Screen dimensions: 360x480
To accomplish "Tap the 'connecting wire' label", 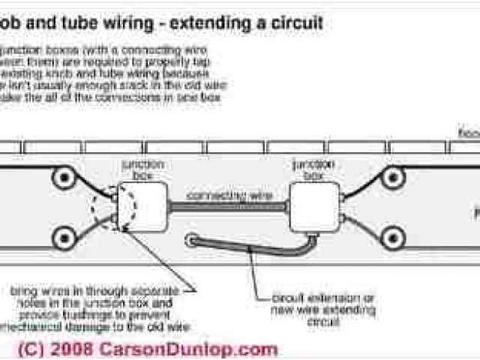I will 228,195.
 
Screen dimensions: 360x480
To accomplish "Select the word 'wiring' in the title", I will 123,22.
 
